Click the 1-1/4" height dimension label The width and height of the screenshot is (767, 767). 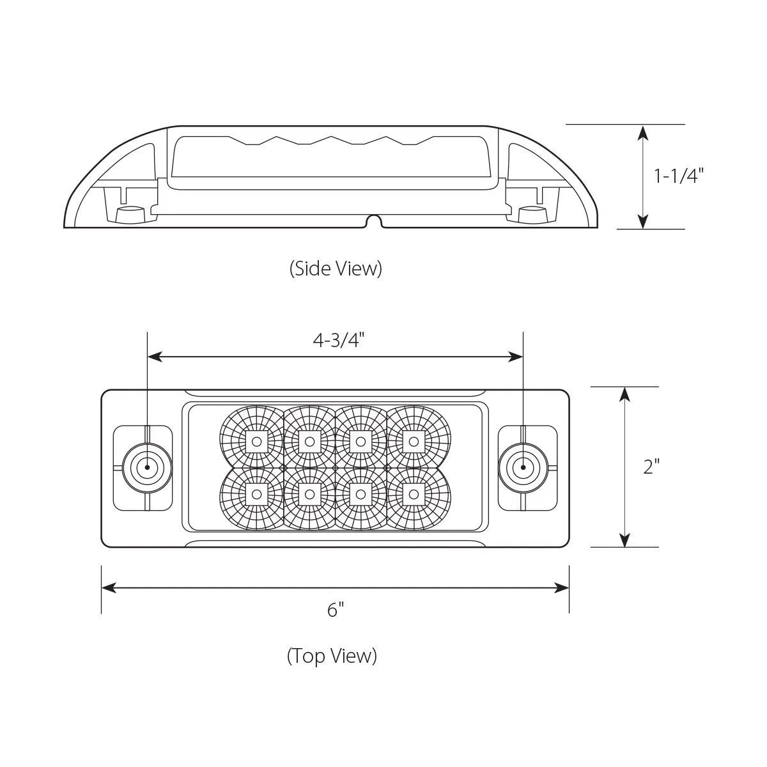point(678,176)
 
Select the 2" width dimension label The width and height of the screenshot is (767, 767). point(651,467)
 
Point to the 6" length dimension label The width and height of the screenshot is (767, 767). point(335,610)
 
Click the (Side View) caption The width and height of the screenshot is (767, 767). point(336,268)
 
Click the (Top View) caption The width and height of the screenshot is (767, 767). point(332,656)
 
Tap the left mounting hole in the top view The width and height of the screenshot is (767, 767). point(147,467)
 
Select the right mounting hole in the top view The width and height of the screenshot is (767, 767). point(523,467)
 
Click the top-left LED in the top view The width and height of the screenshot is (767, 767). point(256,440)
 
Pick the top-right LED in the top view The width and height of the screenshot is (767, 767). point(414,440)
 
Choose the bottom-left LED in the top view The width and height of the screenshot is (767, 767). point(256,493)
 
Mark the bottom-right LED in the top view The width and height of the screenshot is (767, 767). point(414,493)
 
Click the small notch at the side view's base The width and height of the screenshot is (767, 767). point(374,222)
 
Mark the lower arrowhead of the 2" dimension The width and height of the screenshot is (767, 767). point(625,540)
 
